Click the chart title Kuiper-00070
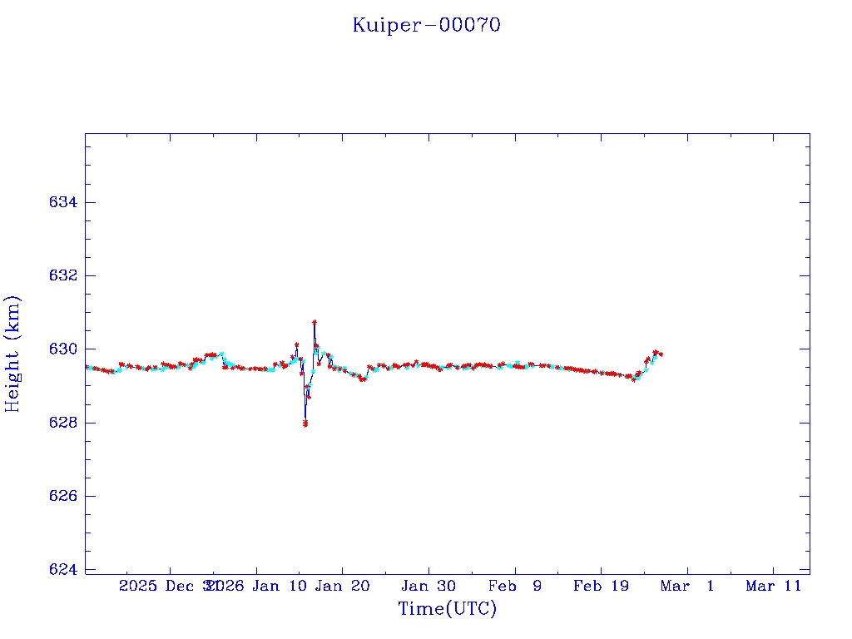(x=426, y=25)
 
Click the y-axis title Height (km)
(x=12, y=354)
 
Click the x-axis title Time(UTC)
(x=447, y=609)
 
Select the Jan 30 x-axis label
(x=428, y=586)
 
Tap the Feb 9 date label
(x=514, y=586)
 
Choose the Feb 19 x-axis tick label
(x=601, y=586)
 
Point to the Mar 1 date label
(x=687, y=586)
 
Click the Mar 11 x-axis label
(x=773, y=586)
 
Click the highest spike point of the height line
(x=315, y=322)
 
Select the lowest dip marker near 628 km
(x=305, y=424)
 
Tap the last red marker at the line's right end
(x=661, y=354)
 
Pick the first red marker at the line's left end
(x=87, y=367)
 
